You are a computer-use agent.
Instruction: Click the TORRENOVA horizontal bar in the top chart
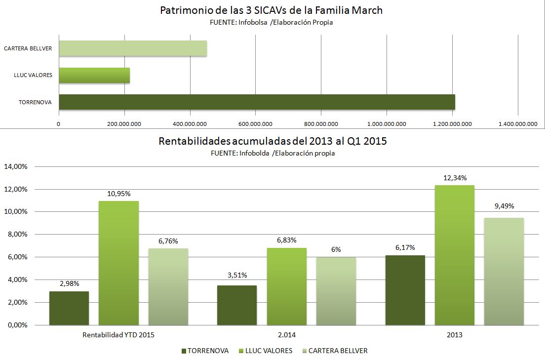click(x=257, y=102)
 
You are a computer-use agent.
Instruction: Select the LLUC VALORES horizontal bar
click(x=94, y=75)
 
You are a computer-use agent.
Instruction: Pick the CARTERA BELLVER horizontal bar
click(x=132, y=48)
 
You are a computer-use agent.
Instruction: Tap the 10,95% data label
click(x=118, y=194)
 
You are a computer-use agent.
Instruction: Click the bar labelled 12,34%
click(x=454, y=255)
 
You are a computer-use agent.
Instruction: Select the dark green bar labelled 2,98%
click(x=69, y=308)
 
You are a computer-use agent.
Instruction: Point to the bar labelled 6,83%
click(x=286, y=286)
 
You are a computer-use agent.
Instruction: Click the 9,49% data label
click(x=504, y=206)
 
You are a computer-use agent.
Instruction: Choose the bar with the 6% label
click(x=336, y=291)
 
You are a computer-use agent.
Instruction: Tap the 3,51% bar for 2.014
click(x=237, y=305)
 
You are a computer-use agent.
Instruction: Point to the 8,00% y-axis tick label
click(x=17, y=235)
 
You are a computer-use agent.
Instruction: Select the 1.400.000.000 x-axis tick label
click(x=517, y=123)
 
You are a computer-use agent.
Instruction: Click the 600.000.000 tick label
click(x=255, y=123)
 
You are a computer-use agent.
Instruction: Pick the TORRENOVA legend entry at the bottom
click(x=205, y=351)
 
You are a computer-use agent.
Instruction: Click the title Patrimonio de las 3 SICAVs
click(x=271, y=10)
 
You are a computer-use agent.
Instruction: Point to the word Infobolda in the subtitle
click(x=254, y=153)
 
